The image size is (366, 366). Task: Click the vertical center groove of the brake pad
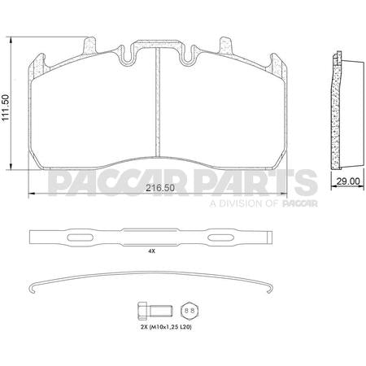click(x=156, y=106)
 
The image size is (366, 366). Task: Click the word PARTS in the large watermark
click(x=265, y=181)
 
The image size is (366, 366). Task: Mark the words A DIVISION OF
click(x=242, y=205)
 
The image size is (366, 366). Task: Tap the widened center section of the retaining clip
click(x=150, y=237)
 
